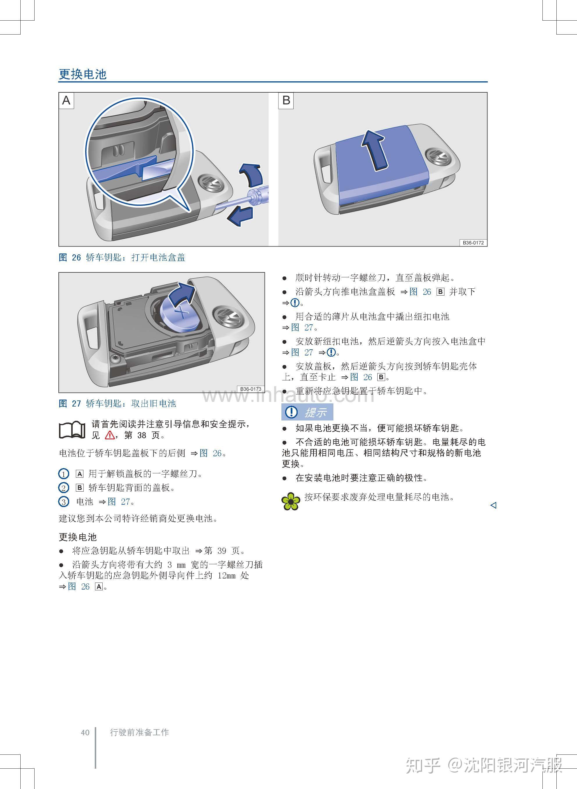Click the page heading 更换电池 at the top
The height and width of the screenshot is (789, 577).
(x=83, y=74)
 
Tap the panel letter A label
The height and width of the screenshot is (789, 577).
(x=66, y=100)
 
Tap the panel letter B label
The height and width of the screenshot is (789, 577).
(x=286, y=100)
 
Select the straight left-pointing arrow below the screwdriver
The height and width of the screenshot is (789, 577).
(x=240, y=216)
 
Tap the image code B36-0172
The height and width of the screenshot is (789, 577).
(x=473, y=242)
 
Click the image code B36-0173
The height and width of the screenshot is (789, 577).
(x=251, y=389)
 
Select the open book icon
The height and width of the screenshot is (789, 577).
(x=72, y=430)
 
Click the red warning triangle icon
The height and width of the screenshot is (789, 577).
(x=110, y=435)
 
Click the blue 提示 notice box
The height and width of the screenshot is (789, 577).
(x=307, y=412)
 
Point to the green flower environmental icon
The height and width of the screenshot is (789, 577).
(x=291, y=501)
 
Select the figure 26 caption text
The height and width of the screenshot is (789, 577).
(x=122, y=258)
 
